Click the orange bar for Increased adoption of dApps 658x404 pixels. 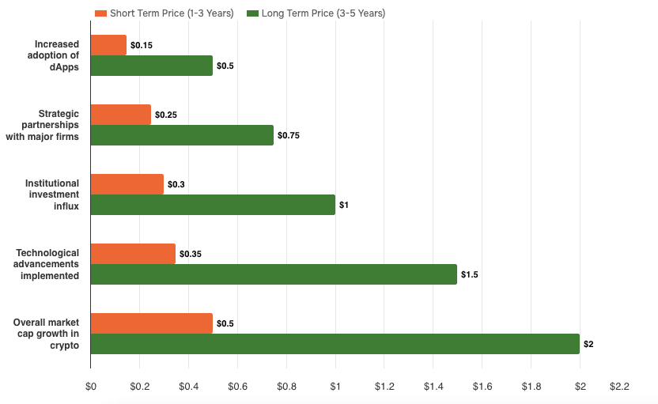[x=108, y=45]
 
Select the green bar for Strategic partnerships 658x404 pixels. [x=182, y=135]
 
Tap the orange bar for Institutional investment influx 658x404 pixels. [x=127, y=184]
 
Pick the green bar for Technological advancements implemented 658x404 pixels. [x=274, y=274]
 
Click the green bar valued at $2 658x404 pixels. [x=335, y=344]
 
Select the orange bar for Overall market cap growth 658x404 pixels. [x=151, y=323]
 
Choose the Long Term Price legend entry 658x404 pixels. [x=316, y=13]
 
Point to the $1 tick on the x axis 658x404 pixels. [x=335, y=387]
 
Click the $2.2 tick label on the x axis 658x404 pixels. [x=618, y=387]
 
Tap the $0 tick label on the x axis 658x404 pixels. [x=91, y=387]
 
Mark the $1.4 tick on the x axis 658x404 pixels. [x=433, y=387]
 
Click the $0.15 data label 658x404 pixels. [x=141, y=46]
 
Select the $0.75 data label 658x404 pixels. [x=288, y=136]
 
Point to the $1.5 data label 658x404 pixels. [x=470, y=275]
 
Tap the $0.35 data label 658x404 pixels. [x=191, y=255]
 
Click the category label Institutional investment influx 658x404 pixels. [x=52, y=194]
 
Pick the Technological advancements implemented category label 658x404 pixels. [x=47, y=264]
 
